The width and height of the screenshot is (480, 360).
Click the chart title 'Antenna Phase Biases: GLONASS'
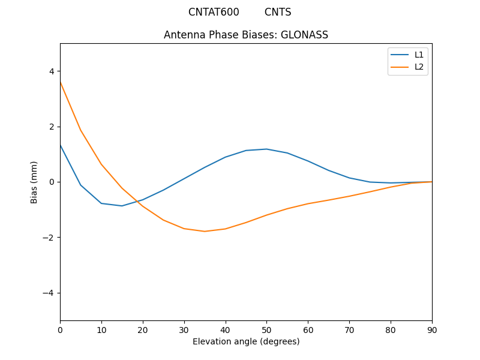click(x=246, y=35)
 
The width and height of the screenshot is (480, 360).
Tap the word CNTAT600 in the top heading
click(x=214, y=12)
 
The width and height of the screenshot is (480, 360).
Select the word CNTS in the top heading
click(x=278, y=12)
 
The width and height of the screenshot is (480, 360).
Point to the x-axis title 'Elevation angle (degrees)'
click(x=246, y=341)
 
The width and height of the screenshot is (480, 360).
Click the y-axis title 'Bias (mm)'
click(x=34, y=182)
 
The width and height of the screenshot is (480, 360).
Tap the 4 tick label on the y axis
click(x=51, y=71)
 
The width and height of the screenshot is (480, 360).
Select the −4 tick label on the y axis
click(x=49, y=293)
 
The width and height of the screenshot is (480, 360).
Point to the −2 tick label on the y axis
click(x=49, y=238)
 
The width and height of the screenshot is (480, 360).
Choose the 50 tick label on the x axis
click(x=266, y=329)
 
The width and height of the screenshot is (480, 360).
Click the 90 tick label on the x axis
click(x=432, y=329)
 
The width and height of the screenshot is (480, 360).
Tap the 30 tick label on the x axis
click(x=184, y=329)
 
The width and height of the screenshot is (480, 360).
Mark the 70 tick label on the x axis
click(x=349, y=329)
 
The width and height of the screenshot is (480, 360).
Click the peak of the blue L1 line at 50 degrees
click(x=266, y=149)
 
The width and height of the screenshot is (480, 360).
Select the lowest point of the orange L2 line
click(x=205, y=232)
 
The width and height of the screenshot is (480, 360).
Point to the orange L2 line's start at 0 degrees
click(x=61, y=82)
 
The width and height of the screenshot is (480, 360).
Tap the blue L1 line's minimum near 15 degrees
click(x=122, y=206)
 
